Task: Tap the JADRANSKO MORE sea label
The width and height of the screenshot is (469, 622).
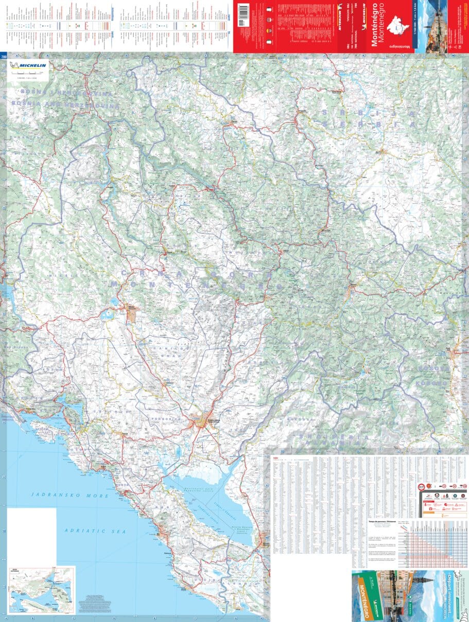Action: coord(70,495)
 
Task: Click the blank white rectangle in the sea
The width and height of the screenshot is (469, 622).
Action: coord(31,535)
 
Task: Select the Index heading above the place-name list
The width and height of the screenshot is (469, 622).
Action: coord(275,458)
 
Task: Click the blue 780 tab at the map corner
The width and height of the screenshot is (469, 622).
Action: coord(4,56)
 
